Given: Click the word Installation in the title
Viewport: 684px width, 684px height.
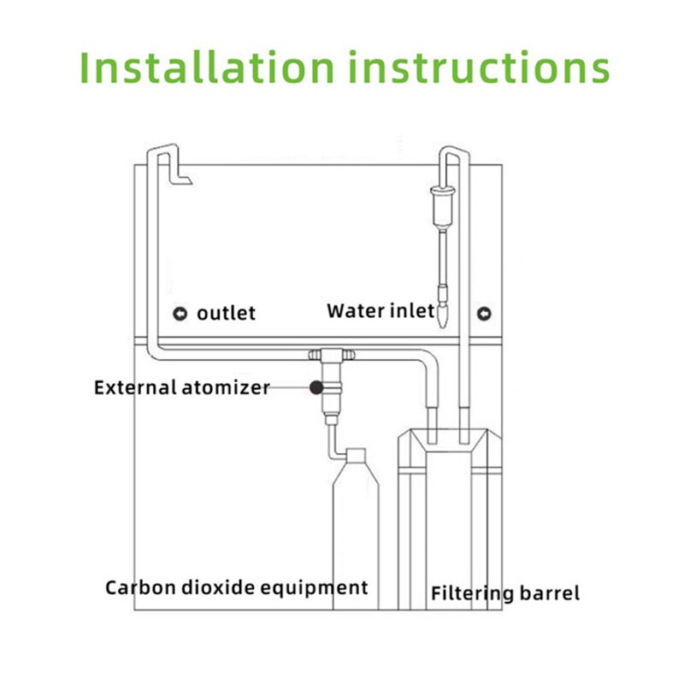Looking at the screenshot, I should point(205,67).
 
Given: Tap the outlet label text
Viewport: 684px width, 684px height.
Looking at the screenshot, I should point(226,313).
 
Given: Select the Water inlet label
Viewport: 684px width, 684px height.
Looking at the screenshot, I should point(380,310).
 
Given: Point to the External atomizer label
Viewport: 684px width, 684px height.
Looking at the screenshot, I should point(181,387).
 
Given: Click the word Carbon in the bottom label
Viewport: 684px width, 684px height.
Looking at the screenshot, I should point(138,587).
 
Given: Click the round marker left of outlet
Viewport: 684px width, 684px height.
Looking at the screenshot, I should point(180,313).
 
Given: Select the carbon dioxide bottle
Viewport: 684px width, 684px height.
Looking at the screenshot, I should point(353,530).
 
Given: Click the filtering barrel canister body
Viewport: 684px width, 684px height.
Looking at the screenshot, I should point(448,522).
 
